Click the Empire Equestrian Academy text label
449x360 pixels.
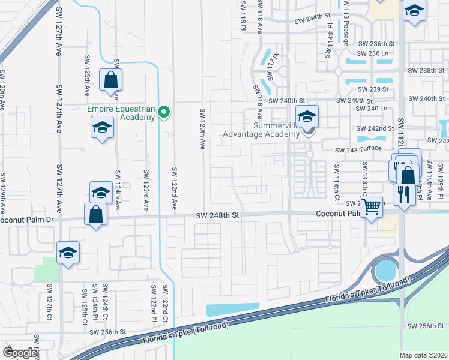tap(121, 113)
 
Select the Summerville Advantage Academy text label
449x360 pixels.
tap(261, 129)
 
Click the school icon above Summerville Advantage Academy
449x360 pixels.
tap(307, 116)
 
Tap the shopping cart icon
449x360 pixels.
tap(372, 206)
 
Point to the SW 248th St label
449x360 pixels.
tap(218, 215)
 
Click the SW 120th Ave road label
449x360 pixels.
tap(203, 131)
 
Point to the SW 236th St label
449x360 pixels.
tap(376, 44)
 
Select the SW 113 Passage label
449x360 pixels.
tap(346, 26)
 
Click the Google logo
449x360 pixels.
tap(20, 353)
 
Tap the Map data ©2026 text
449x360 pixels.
tap(424, 355)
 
